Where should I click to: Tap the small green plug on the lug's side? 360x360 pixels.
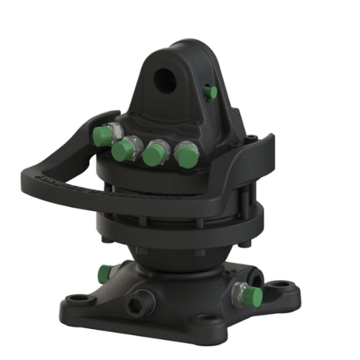click(x=210, y=93)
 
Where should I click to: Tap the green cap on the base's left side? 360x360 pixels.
click(x=105, y=273)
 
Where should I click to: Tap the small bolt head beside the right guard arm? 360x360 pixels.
click(x=251, y=141)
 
